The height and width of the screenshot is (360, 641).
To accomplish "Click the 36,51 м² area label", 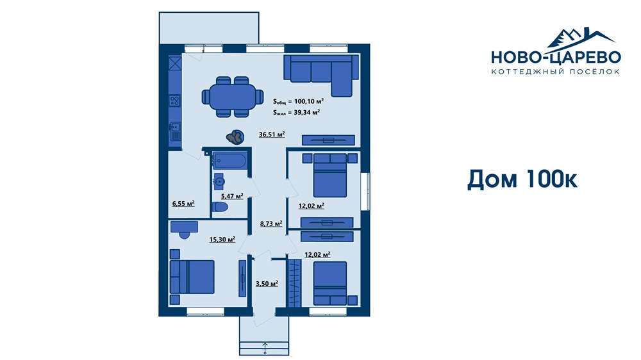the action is click(x=272, y=134).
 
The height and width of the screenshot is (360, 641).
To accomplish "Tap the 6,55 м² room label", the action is click(x=183, y=203).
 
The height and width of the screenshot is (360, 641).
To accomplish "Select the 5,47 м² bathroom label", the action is click(x=232, y=196).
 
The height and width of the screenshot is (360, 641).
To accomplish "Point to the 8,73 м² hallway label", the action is click(x=271, y=224).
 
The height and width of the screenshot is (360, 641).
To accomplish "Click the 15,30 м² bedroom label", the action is click(x=222, y=240).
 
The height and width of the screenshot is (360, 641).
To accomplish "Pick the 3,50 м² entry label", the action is click(x=267, y=284).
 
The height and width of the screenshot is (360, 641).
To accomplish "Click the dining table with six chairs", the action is click(x=232, y=97).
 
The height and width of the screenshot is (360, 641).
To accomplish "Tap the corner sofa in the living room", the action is click(x=321, y=76).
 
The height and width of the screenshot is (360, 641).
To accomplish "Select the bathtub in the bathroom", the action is click(x=229, y=161).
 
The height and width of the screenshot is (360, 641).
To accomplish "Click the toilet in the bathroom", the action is click(x=220, y=207).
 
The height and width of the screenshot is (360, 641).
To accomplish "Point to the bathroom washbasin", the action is click(x=219, y=181).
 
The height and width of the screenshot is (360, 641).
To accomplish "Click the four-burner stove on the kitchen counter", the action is click(x=175, y=101).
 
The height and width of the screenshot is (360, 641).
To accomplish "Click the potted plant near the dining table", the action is click(x=235, y=137).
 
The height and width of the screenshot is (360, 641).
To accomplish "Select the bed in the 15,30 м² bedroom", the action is click(x=192, y=277).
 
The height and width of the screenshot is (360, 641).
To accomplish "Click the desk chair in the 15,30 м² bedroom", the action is click(x=185, y=235).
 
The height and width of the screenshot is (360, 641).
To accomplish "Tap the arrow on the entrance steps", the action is click(x=265, y=348).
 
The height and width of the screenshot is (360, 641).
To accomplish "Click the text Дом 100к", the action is click(x=522, y=179).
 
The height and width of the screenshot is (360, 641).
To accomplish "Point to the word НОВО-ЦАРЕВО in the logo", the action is click(x=556, y=57).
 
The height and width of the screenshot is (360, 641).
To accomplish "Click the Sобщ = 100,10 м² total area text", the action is click(x=299, y=101).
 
